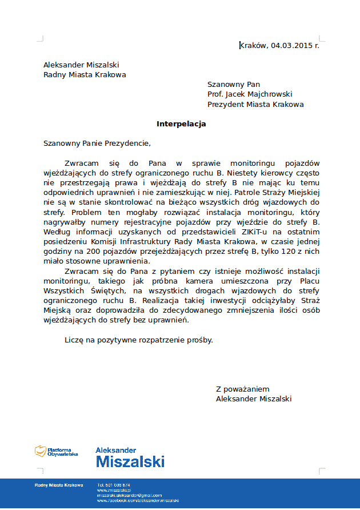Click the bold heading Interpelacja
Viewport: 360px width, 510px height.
(x=181, y=123)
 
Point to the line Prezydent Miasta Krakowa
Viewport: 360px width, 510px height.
(x=255, y=105)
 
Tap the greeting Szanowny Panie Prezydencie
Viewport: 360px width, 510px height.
(x=97, y=143)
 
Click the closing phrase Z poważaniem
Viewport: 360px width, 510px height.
(x=242, y=389)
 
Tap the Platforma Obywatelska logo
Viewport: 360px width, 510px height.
(x=56, y=451)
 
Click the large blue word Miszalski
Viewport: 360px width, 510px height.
(x=130, y=461)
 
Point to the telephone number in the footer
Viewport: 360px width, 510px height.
(x=114, y=485)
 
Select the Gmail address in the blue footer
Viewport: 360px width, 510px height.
(x=129, y=495)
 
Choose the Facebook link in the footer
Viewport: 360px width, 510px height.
(x=138, y=500)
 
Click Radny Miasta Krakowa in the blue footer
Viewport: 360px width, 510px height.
(x=59, y=485)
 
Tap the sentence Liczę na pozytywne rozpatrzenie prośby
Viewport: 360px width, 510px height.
(x=139, y=340)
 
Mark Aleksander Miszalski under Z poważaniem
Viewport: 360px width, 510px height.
(x=253, y=399)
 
